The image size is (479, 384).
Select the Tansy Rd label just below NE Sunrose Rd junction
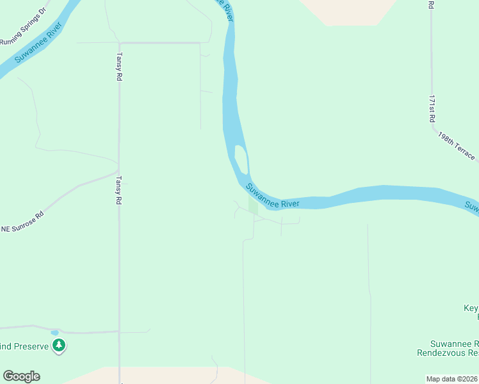(118, 191)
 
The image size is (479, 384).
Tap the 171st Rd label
(432, 109)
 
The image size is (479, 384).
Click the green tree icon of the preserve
(60, 346)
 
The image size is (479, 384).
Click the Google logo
(21, 376)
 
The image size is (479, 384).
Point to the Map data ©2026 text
(452, 379)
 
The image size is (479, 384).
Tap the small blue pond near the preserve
(54, 333)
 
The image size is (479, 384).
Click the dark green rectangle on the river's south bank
(253, 206)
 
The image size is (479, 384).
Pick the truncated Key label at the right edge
(471, 308)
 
